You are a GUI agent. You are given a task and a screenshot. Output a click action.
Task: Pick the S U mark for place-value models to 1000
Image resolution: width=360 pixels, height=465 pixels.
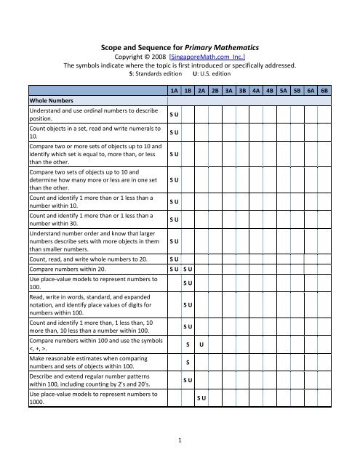201,399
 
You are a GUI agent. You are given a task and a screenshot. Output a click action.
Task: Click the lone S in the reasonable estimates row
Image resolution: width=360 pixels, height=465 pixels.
188,362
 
